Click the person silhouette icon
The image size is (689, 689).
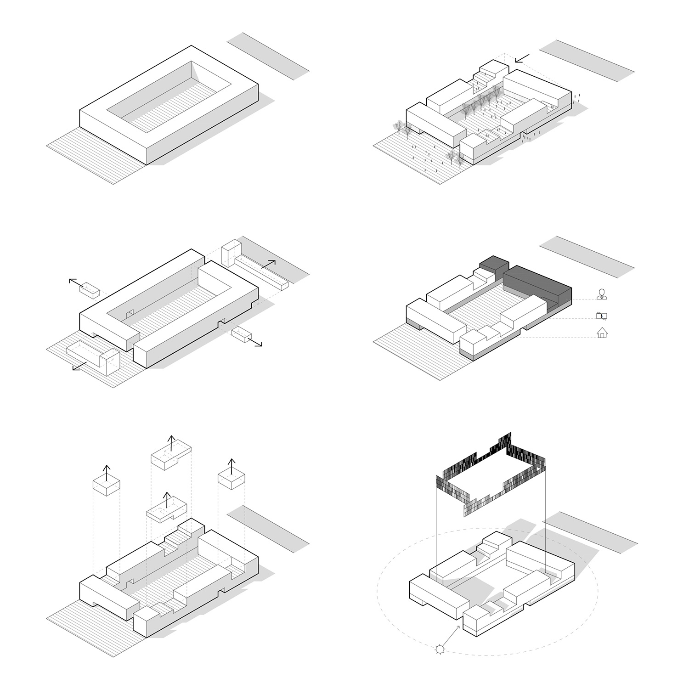602,294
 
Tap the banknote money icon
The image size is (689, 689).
601,316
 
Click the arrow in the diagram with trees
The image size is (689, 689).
522,58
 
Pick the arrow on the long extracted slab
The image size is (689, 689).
269,264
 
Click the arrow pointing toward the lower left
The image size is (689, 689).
79,366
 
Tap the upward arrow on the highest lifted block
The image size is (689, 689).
170,444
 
